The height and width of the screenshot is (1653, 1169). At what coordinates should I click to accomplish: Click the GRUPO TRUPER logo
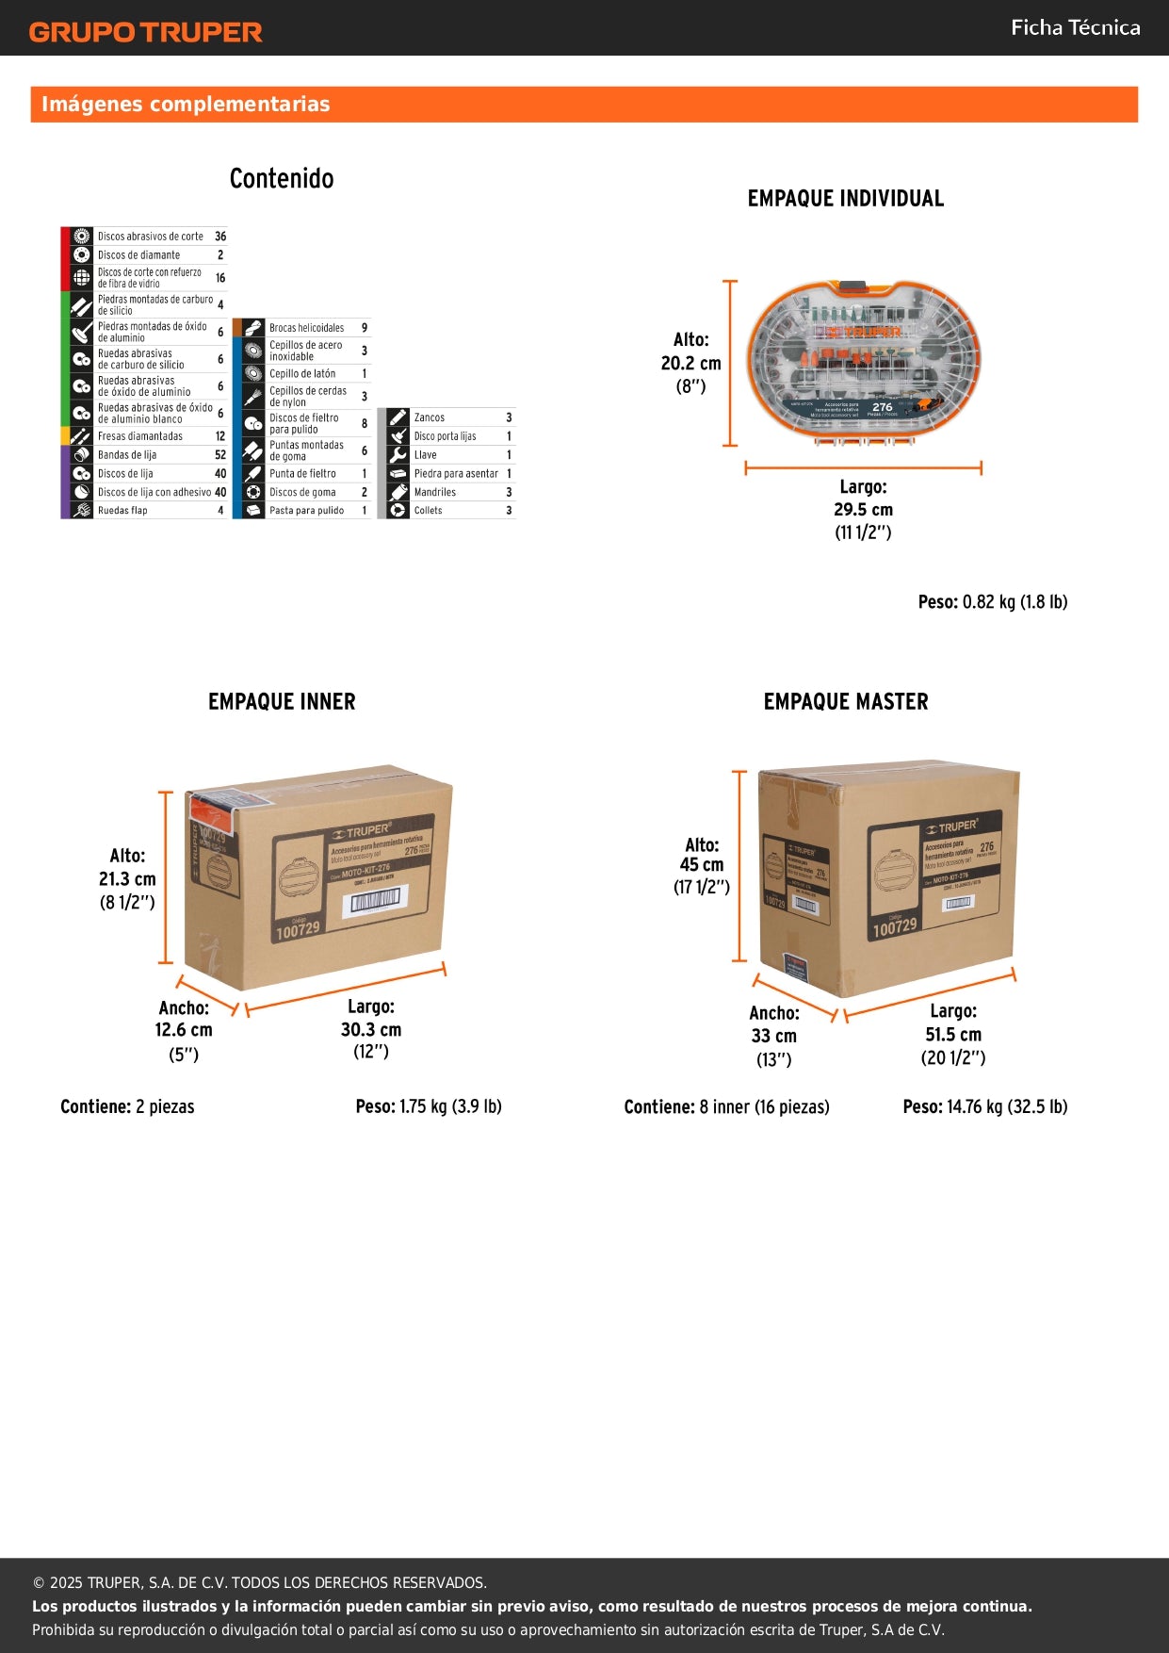click(146, 32)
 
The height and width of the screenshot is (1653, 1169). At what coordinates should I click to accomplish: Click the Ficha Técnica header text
click(1075, 28)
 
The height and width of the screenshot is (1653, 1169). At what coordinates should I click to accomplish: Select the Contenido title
click(282, 178)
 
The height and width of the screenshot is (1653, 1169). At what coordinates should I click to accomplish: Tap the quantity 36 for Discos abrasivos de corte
click(220, 237)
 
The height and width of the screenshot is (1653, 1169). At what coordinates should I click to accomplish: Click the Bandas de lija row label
click(127, 455)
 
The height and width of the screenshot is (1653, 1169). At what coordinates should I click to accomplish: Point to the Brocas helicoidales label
click(306, 328)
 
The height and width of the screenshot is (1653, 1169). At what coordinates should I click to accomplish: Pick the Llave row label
click(426, 455)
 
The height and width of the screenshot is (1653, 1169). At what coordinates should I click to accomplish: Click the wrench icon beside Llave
click(398, 455)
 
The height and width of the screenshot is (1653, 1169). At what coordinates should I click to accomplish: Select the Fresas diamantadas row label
click(140, 436)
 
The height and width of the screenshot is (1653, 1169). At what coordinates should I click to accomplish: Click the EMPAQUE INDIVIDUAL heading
click(845, 199)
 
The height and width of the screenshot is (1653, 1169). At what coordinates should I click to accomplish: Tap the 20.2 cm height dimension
click(690, 364)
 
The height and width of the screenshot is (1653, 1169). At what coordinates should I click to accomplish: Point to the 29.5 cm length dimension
click(863, 510)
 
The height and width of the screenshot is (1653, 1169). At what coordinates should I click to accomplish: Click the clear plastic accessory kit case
click(863, 362)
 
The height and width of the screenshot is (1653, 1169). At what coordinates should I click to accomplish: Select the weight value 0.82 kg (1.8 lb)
click(1015, 602)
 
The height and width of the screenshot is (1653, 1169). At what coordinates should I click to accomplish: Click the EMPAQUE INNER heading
click(282, 702)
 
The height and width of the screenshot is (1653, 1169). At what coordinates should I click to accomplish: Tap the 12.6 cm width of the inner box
click(184, 1030)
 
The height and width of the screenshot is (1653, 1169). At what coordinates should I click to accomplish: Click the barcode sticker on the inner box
click(376, 903)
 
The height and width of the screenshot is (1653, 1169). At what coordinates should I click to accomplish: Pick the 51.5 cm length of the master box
click(952, 1035)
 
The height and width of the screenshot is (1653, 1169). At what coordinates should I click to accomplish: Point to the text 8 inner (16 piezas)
click(764, 1107)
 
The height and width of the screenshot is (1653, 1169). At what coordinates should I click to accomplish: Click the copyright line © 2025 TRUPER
click(259, 1583)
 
